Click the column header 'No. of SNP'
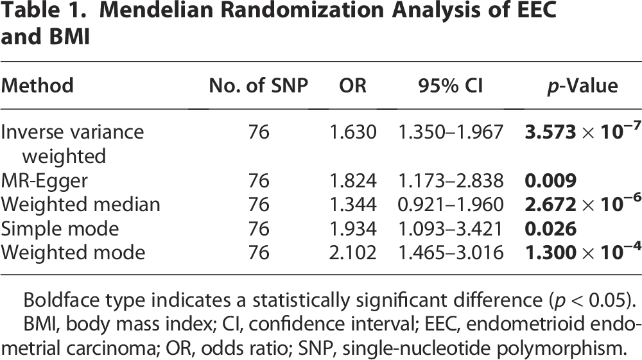258,85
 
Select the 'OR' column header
352,85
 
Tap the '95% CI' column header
451,85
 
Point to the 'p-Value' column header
582,86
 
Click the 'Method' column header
37,85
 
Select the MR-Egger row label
44,181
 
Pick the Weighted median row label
80,205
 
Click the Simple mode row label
60,228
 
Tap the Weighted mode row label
73,252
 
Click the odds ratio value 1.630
352,132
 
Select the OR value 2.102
352,252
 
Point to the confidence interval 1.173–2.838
451,181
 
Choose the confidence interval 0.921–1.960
451,205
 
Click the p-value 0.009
551,181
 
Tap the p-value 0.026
551,228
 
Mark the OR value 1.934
352,228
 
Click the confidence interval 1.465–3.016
451,252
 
